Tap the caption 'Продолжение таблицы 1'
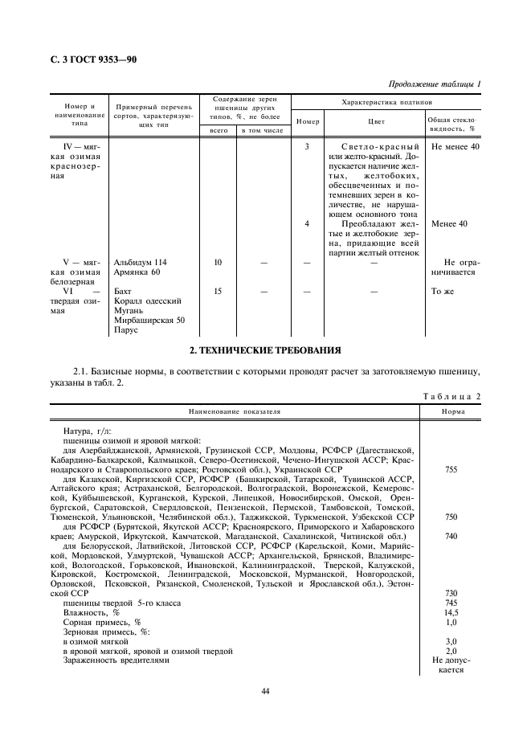click(435, 84)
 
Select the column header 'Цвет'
click(375, 122)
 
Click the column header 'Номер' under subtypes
click(308, 122)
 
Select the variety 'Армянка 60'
click(137, 273)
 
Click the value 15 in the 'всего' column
click(218, 291)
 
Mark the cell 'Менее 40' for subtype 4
click(449, 224)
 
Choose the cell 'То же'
click(443, 291)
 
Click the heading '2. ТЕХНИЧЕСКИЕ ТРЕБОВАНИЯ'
click(265, 350)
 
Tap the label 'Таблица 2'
click(451, 397)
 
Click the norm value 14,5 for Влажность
click(451, 612)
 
